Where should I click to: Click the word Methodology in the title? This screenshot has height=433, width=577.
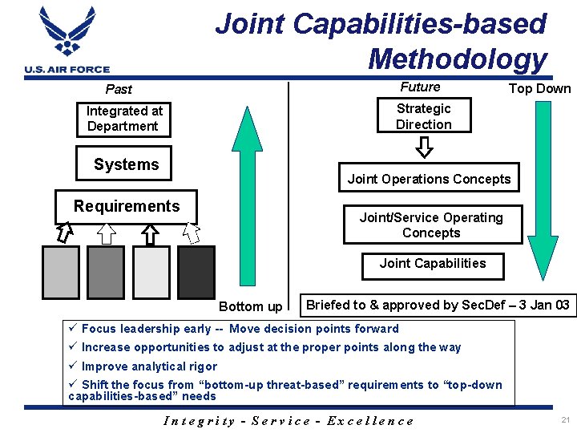[457, 59]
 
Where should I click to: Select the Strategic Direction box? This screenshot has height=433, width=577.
[423, 116]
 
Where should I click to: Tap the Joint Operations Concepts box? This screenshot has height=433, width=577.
[429, 179]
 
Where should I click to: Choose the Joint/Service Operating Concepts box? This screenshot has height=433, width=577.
[431, 225]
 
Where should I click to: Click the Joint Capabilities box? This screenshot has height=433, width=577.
[433, 264]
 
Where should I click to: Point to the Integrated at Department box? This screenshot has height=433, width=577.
[124, 119]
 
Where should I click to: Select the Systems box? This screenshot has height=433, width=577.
[125, 165]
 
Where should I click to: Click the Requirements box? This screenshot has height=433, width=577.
[127, 207]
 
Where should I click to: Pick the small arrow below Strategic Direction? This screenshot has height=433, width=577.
[424, 148]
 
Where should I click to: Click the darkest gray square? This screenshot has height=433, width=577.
[196, 272]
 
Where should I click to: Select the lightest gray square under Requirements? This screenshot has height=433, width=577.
[151, 272]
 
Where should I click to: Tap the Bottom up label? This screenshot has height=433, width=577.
[251, 306]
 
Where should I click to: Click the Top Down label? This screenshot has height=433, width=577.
[540, 89]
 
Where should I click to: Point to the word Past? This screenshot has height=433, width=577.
[119, 89]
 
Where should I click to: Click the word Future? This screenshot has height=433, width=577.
[420, 87]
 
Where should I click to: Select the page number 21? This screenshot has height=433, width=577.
[566, 420]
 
